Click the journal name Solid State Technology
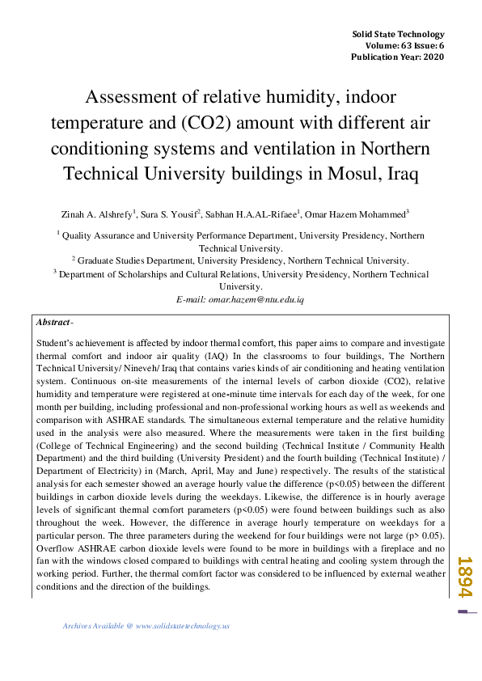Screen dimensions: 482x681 pos(399,34)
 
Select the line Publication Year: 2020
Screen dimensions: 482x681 pos(397,57)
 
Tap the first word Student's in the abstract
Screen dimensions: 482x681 pos(55,343)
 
